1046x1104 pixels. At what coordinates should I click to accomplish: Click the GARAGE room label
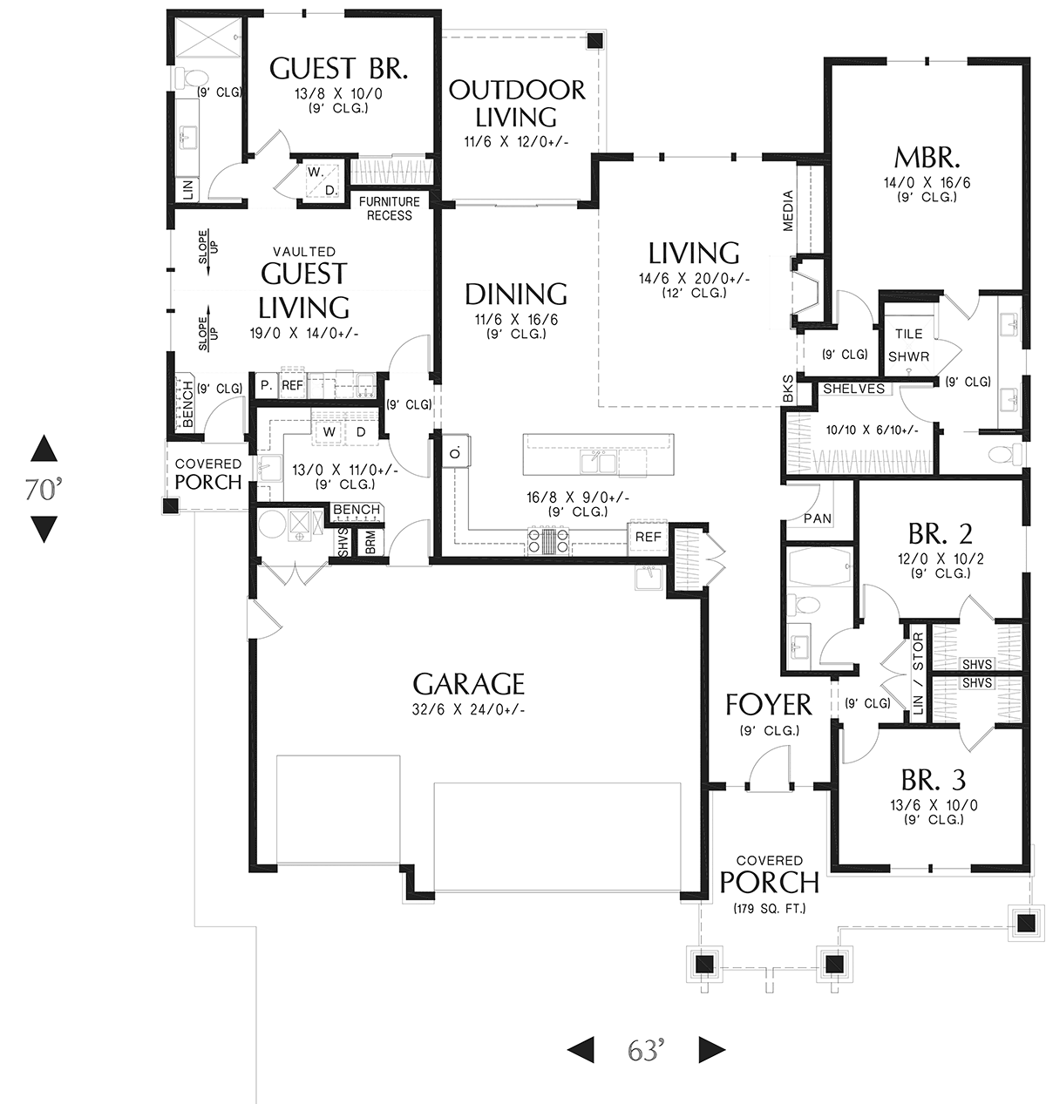(x=468, y=684)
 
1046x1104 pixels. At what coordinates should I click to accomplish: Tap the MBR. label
(x=927, y=158)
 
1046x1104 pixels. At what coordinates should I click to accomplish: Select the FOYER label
(x=768, y=704)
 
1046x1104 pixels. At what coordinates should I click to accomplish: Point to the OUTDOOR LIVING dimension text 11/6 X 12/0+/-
(x=516, y=142)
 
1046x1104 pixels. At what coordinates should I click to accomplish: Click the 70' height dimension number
(x=44, y=489)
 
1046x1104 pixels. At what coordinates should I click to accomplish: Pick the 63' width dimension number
(x=646, y=1049)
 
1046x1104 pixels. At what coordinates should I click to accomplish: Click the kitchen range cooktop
(x=547, y=541)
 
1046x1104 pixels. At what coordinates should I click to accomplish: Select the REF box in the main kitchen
(x=648, y=538)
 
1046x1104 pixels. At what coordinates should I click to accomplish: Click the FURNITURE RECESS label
(x=390, y=208)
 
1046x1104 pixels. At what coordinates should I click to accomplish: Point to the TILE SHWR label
(x=908, y=345)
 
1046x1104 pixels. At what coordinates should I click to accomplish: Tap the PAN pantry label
(x=817, y=518)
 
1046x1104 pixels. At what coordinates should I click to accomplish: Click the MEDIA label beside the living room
(x=788, y=211)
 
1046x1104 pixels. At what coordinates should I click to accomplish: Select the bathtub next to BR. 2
(x=820, y=567)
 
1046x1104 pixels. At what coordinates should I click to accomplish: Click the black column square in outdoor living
(x=594, y=40)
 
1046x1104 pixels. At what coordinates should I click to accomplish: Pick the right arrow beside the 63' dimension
(x=712, y=1049)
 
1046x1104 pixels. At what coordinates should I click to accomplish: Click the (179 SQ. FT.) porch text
(x=769, y=908)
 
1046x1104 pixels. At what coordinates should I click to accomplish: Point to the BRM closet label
(x=370, y=542)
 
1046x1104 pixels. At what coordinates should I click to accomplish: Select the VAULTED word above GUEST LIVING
(x=304, y=252)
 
